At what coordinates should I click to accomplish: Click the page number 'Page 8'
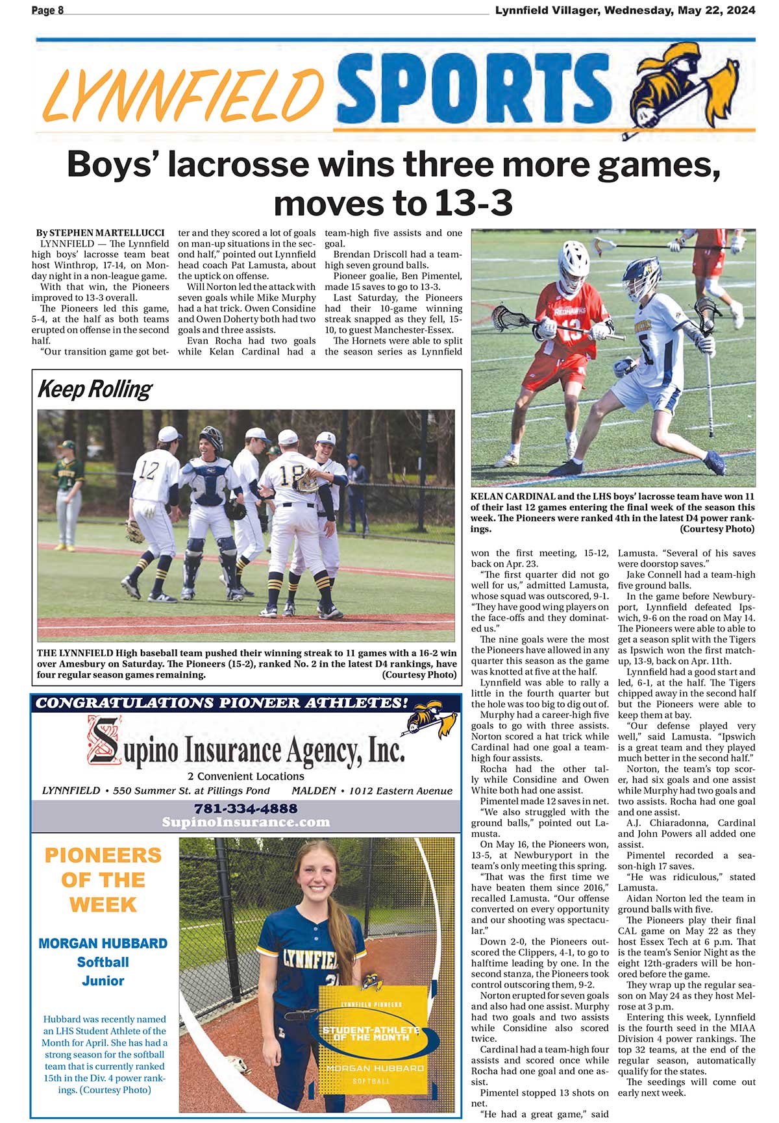[47, 10]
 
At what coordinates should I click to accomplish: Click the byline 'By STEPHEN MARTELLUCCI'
[100, 232]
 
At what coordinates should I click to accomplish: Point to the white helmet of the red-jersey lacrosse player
[573, 260]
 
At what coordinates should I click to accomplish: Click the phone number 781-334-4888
[245, 808]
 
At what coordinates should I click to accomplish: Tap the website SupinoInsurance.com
[245, 822]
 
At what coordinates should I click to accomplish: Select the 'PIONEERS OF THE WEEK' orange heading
[103, 880]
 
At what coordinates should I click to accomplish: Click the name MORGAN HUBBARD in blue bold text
[103, 943]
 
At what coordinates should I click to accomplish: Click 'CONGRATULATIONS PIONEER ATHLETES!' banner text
[222, 703]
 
